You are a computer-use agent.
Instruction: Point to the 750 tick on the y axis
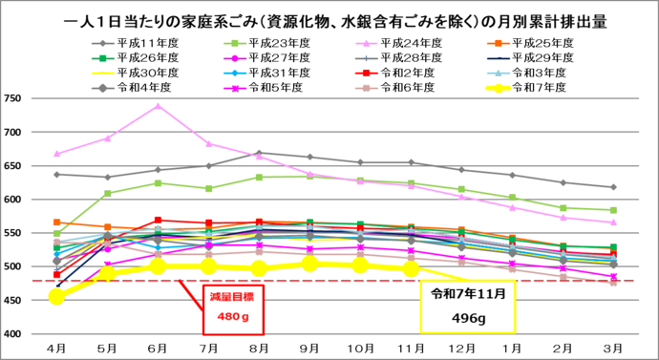tap(15, 98)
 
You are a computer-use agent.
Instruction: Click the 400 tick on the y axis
tap(15, 334)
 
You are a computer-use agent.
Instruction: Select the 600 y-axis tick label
tap(15, 200)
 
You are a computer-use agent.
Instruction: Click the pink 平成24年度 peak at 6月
tap(159, 106)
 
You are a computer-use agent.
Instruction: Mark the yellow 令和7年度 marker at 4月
tap(57, 297)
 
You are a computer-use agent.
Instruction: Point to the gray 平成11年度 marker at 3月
tap(612, 187)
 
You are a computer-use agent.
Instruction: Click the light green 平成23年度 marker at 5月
tap(108, 193)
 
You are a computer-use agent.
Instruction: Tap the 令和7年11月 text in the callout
tap(469, 292)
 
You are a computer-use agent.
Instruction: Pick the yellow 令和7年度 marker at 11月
tap(411, 269)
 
